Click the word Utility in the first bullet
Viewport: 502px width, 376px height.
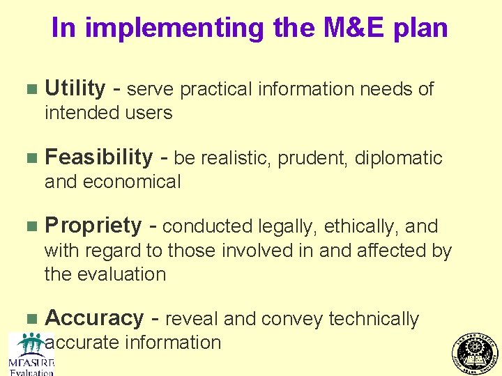point(75,89)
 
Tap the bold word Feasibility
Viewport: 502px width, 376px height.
point(98,158)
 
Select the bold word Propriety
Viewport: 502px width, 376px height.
point(93,226)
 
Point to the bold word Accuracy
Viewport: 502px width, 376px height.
point(94,318)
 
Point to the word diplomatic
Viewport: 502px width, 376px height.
point(398,159)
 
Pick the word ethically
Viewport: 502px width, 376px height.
point(361,227)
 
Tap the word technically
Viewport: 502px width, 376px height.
point(374,319)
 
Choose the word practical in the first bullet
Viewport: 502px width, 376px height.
point(216,89)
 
